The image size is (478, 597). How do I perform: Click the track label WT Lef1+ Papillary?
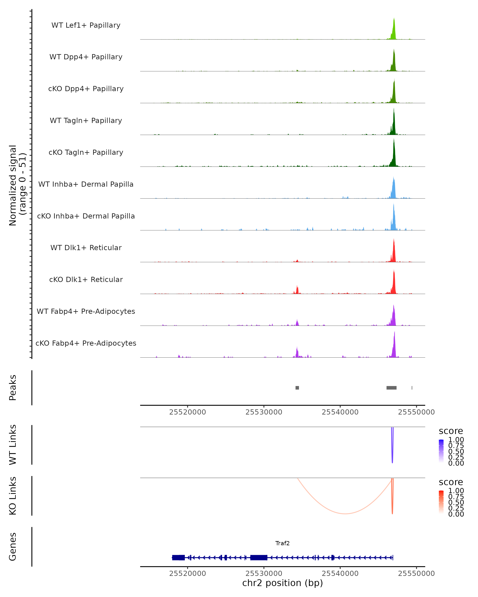tap(86, 25)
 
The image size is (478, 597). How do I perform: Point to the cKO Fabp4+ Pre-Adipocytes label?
tap(86, 343)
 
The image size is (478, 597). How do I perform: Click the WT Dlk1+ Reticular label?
tap(86, 248)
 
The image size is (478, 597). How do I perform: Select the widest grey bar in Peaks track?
tap(391, 388)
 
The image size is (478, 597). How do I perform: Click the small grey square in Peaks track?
tap(297, 388)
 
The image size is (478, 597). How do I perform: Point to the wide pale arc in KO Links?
tap(345, 514)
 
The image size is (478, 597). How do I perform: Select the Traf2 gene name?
tap(282, 543)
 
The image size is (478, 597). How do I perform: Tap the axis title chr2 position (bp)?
tap(282, 583)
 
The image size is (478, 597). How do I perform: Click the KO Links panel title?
tap(13, 496)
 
